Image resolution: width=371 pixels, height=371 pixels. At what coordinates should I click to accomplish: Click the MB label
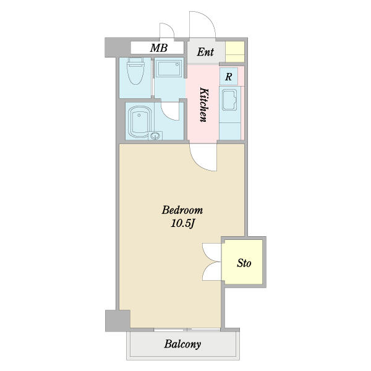[159, 48]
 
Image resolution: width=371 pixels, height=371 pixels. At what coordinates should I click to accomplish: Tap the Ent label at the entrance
[205, 52]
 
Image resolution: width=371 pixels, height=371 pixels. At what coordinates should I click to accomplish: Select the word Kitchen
[203, 105]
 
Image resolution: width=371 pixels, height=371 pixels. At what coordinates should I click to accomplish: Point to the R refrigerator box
[229, 76]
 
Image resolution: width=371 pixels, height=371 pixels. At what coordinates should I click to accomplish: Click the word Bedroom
[182, 210]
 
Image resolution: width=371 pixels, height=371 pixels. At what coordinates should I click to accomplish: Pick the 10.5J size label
[182, 223]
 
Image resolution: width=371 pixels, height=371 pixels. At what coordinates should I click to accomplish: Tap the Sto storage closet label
[244, 263]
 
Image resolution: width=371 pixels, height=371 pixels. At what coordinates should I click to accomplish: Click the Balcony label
[182, 344]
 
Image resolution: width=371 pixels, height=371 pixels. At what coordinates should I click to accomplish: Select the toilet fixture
[135, 70]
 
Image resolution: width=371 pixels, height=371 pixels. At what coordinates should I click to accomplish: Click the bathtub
[140, 123]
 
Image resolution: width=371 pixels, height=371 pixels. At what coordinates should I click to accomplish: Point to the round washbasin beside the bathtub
[155, 136]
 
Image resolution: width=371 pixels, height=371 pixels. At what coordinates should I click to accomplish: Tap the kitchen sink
[229, 100]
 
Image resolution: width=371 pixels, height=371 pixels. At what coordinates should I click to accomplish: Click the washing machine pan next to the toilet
[169, 69]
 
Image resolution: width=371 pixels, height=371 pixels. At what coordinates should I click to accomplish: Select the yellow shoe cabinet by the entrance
[235, 51]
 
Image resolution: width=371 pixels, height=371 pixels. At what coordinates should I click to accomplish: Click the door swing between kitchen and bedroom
[203, 157]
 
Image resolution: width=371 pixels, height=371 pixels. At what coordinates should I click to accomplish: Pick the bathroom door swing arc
[170, 111]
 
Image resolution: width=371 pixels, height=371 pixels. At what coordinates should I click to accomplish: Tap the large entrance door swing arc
[203, 25]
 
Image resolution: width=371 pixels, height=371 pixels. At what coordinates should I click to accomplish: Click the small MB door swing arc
[167, 30]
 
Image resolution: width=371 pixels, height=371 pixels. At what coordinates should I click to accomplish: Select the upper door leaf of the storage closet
[212, 252]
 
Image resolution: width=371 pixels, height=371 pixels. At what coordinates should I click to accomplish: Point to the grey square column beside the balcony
[117, 321]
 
